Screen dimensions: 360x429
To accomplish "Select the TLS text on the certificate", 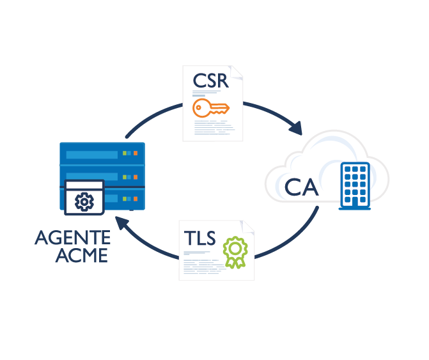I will tap(199, 237).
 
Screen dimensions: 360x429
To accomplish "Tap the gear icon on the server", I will tap(84, 202).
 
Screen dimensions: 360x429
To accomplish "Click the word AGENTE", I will tap(72, 239).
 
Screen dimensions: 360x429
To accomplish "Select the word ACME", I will tap(81, 256).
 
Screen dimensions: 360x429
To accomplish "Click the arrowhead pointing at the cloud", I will tap(295, 128).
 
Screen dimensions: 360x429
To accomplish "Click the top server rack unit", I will tap(102, 154).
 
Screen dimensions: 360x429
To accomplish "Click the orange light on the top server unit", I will tap(136, 153).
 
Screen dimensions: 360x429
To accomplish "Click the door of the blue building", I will tap(354, 202).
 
